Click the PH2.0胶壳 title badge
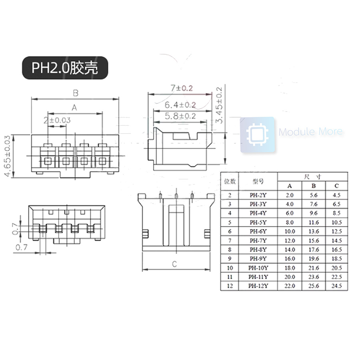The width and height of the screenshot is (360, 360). pyautogui.click(x=65, y=68)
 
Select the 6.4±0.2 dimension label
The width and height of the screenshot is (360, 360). pyautogui.click(x=180, y=105)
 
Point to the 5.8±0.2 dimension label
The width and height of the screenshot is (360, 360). pyautogui.click(x=180, y=116)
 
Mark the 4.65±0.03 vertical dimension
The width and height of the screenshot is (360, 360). pyautogui.click(x=7, y=156)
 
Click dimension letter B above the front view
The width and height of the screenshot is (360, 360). pyautogui.click(x=75, y=93)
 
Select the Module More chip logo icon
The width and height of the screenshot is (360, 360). pyautogui.click(x=257, y=135)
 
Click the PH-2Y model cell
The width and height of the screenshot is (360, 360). pyautogui.click(x=258, y=195)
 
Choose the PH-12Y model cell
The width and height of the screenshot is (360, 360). pyautogui.click(x=258, y=286)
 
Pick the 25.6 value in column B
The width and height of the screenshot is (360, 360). pyautogui.click(x=314, y=286)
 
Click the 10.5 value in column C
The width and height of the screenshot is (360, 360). pyautogui.click(x=337, y=222)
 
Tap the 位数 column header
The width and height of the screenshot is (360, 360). pyautogui.click(x=230, y=181)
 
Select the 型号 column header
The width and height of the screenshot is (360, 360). pyautogui.click(x=258, y=181)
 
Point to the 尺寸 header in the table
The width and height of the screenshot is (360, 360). pyautogui.click(x=313, y=176)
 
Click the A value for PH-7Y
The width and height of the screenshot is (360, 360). pyautogui.click(x=290, y=241)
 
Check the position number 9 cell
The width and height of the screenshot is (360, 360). pyautogui.click(x=230, y=259)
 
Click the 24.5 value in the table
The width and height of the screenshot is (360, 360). pyautogui.click(x=337, y=286)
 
